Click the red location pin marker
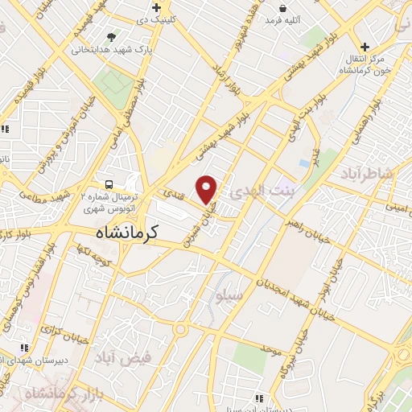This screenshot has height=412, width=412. coord(208,188)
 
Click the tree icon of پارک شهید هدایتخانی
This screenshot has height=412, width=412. coord(111,37)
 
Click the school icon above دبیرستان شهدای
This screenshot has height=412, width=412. coord(25,348)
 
